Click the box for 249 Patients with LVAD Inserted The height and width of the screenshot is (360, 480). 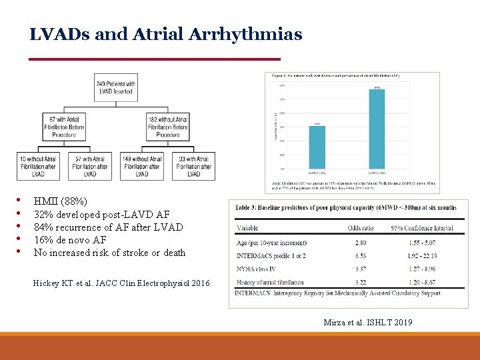116,87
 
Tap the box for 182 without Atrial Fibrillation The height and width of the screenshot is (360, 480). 167,126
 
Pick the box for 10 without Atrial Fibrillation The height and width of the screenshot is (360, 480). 38,166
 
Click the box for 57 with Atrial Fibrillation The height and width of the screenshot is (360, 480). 90,166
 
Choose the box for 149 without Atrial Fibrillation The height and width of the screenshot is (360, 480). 142,166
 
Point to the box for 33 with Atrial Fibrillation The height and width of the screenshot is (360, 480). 193,166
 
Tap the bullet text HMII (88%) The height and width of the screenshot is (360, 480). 60,201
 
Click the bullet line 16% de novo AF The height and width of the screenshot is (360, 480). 70,240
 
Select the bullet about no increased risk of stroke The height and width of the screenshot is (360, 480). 109,253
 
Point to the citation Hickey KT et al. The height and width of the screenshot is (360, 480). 121,283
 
